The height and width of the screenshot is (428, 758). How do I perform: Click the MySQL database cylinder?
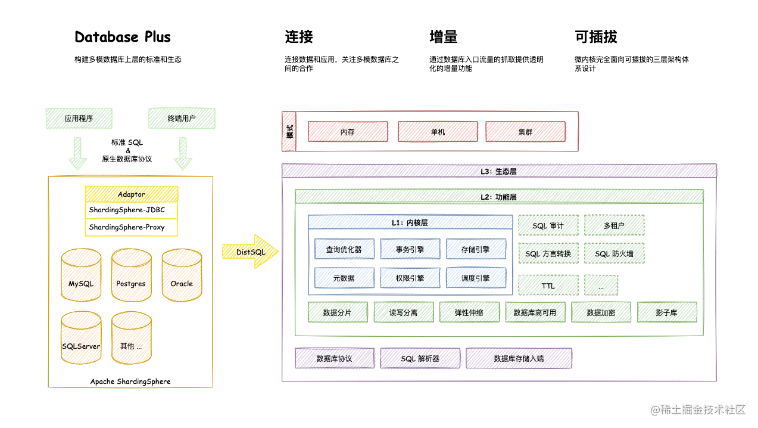point(81,276)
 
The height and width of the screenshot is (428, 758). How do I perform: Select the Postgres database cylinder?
point(131,276)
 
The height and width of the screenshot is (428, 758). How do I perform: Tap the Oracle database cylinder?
point(182,276)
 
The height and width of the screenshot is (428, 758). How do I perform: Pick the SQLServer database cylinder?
point(81,339)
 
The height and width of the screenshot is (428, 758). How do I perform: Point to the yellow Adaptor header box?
point(131,194)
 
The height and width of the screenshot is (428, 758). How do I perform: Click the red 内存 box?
point(348,132)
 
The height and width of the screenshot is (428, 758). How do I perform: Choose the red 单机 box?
point(438,132)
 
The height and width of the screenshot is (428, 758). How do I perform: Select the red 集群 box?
point(526,132)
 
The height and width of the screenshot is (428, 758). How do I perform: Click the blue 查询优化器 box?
point(345,250)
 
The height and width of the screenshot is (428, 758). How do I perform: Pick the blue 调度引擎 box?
point(476,278)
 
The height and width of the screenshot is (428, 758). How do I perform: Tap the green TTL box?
point(548,286)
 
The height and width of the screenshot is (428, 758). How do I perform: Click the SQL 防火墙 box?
point(614,253)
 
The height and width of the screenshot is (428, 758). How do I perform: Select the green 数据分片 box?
point(338,312)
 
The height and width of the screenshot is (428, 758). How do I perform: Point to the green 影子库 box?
point(667,312)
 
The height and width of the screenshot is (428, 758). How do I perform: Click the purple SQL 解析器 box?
point(420,359)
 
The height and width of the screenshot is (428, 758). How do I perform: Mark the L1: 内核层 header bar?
point(410,222)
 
